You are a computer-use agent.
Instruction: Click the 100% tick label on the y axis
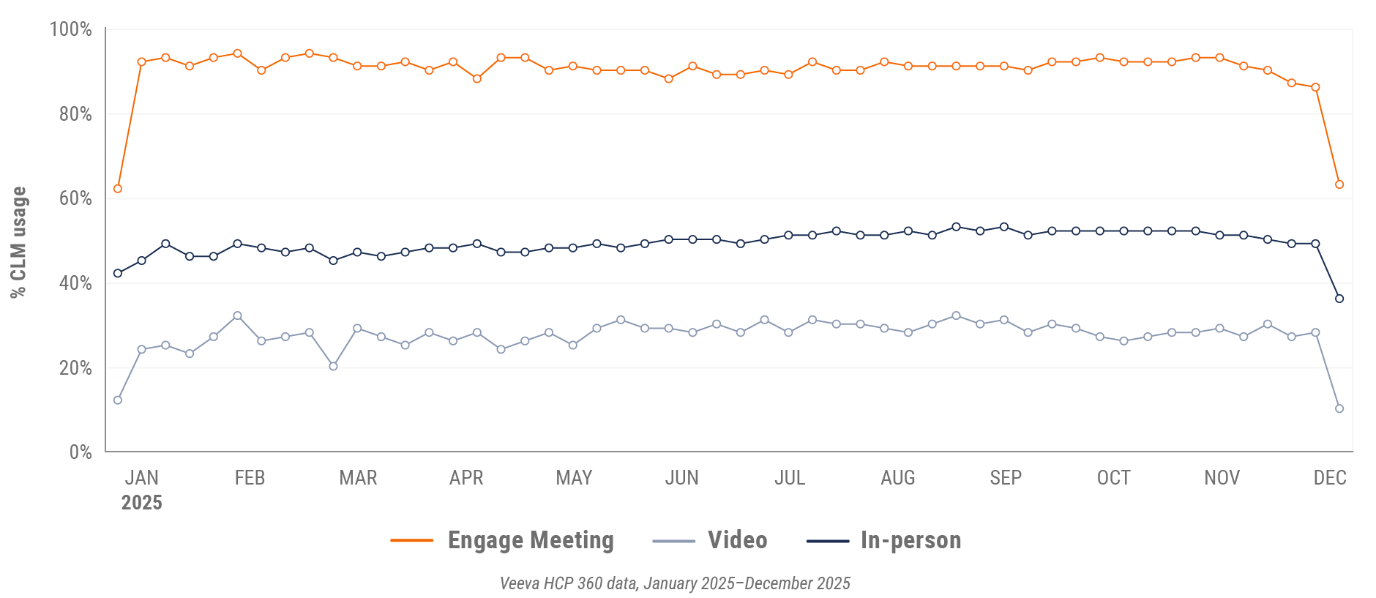(70, 29)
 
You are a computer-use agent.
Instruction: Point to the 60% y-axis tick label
(75, 198)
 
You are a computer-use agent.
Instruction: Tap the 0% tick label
(81, 452)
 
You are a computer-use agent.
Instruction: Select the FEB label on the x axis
(250, 478)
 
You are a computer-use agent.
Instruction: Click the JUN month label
(681, 478)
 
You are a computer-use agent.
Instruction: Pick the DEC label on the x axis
(1330, 478)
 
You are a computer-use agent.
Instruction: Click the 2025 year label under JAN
(141, 503)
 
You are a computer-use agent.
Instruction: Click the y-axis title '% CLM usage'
(18, 242)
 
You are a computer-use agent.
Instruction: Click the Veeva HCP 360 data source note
(675, 583)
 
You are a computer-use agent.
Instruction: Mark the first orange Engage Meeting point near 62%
(118, 189)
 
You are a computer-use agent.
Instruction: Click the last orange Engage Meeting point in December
(1339, 184)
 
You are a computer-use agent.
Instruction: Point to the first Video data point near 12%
(118, 400)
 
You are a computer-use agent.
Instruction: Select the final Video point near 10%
(1339, 408)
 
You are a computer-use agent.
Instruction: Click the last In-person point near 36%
(1339, 299)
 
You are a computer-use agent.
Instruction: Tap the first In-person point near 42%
(118, 273)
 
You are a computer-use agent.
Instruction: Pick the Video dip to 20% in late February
(333, 366)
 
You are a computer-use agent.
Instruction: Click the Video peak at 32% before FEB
(237, 315)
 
